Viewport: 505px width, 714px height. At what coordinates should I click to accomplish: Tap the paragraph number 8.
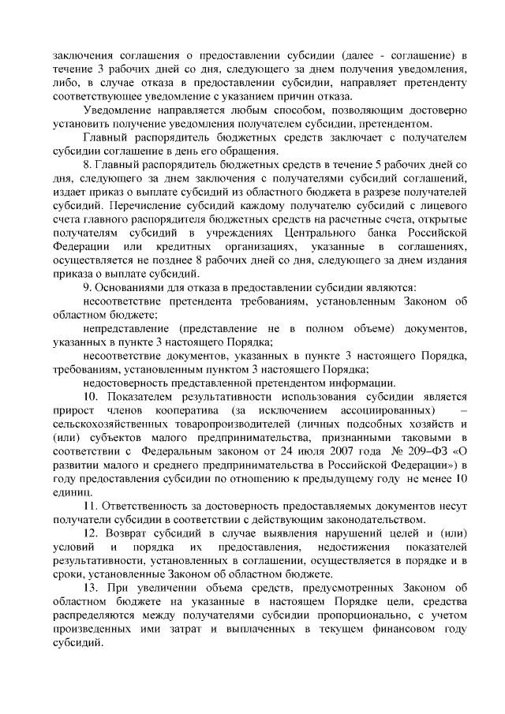click(88, 164)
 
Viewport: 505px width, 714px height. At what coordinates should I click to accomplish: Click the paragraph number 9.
click(88, 288)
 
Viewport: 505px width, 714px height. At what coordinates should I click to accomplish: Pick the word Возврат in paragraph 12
click(129, 533)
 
